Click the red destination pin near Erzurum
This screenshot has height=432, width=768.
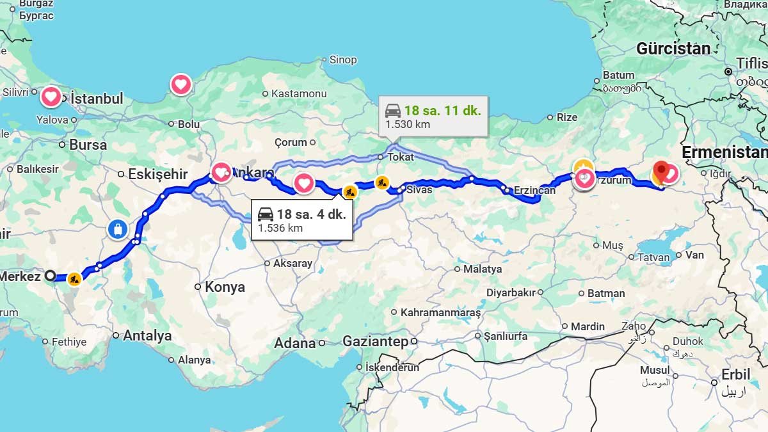click(661, 172)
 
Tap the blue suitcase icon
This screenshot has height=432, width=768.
click(118, 229)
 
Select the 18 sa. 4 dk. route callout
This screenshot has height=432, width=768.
click(301, 220)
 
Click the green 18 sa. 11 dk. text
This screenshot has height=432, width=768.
click(442, 110)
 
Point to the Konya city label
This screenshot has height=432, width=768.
click(225, 287)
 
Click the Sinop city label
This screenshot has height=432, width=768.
click(343, 60)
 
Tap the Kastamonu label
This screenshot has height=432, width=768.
click(299, 93)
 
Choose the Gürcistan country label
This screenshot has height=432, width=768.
click(673, 49)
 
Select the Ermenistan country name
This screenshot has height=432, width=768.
click(724, 152)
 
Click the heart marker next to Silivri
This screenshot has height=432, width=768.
click(51, 97)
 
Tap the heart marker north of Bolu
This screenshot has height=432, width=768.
click(181, 84)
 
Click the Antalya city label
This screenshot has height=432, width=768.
click(147, 335)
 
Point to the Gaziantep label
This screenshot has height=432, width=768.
click(375, 342)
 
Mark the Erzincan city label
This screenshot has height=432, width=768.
click(534, 190)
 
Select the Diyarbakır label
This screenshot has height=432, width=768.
click(510, 292)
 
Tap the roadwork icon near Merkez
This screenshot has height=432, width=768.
click(75, 279)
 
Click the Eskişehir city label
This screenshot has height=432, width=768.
click(157, 174)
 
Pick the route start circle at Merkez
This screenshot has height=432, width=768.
click(50, 276)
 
